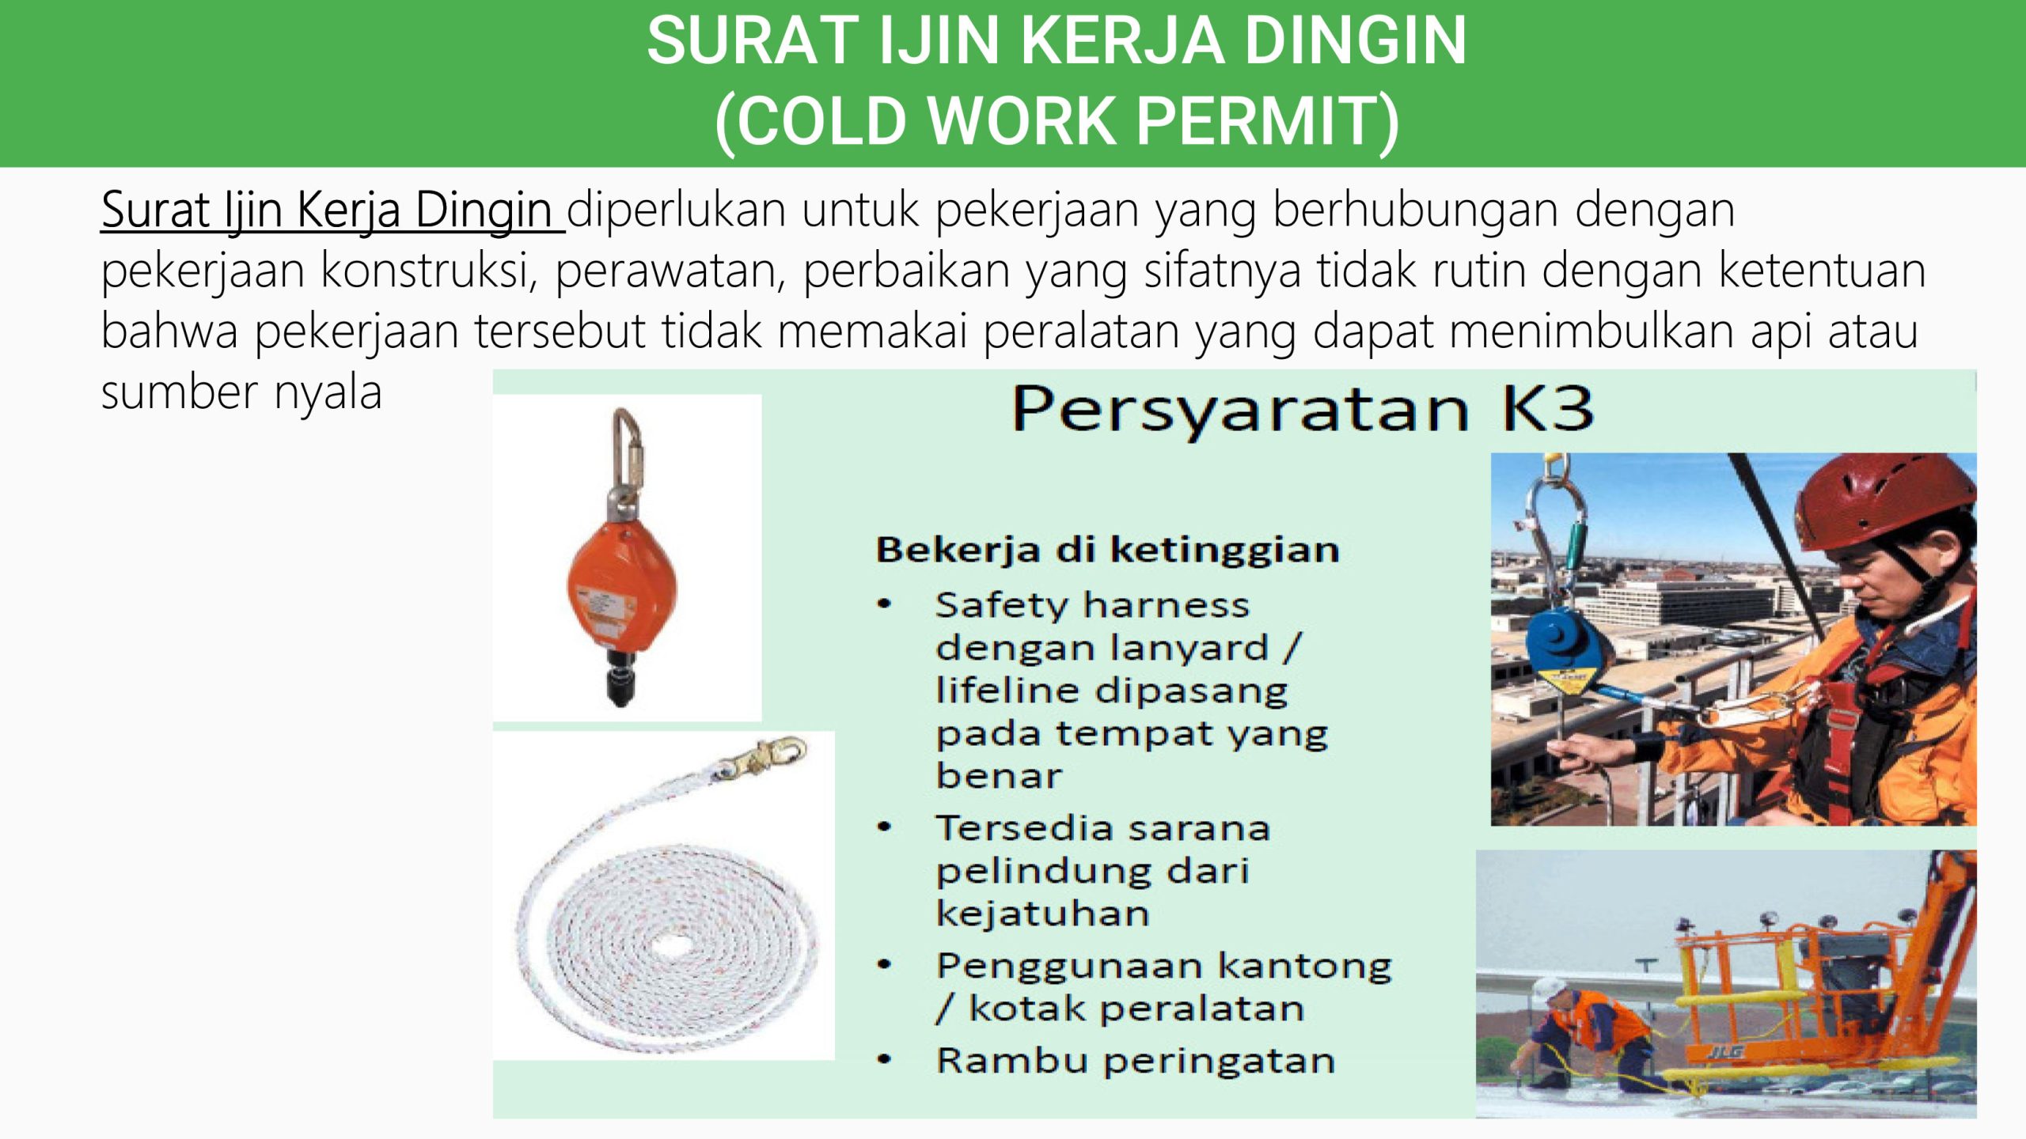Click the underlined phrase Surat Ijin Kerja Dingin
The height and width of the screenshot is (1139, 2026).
332,211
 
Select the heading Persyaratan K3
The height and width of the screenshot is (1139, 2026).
1303,410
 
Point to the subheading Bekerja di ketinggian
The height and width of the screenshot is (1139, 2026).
1107,550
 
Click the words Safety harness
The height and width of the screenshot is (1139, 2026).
1092,606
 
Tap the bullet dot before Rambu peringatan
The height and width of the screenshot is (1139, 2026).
885,1060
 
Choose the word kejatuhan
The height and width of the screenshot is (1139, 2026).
1042,914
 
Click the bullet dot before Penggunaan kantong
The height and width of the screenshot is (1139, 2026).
885,964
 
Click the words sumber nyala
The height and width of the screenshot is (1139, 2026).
241,392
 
